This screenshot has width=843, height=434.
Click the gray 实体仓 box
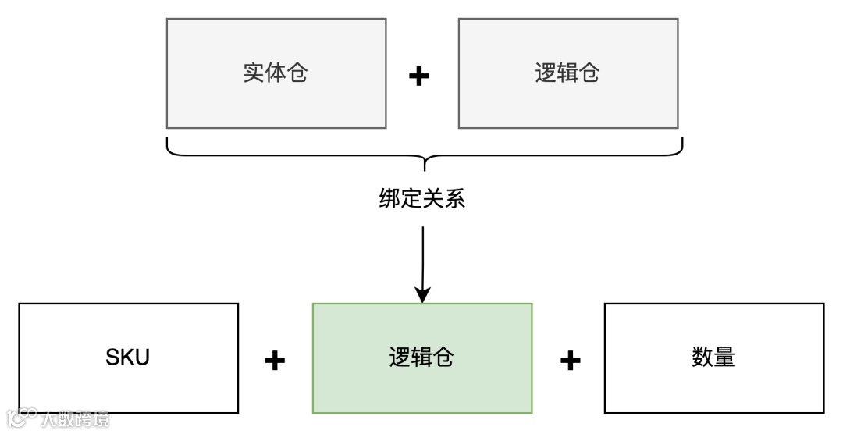click(x=276, y=73)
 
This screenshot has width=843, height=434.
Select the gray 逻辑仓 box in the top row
click(x=568, y=73)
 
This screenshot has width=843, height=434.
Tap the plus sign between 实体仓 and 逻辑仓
click(x=420, y=76)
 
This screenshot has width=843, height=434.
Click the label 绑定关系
click(x=422, y=199)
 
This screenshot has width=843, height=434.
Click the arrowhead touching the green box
click(x=422, y=295)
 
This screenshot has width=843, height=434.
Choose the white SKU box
click(x=128, y=358)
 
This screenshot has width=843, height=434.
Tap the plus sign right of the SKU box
click(x=275, y=360)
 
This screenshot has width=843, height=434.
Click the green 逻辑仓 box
click(x=422, y=358)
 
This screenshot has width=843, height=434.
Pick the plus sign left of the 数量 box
click(x=571, y=360)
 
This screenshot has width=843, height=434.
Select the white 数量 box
click(x=714, y=358)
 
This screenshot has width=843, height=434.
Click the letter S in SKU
click(x=112, y=358)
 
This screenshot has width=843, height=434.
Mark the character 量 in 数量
click(x=725, y=358)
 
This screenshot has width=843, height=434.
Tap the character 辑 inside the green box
click(x=422, y=358)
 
